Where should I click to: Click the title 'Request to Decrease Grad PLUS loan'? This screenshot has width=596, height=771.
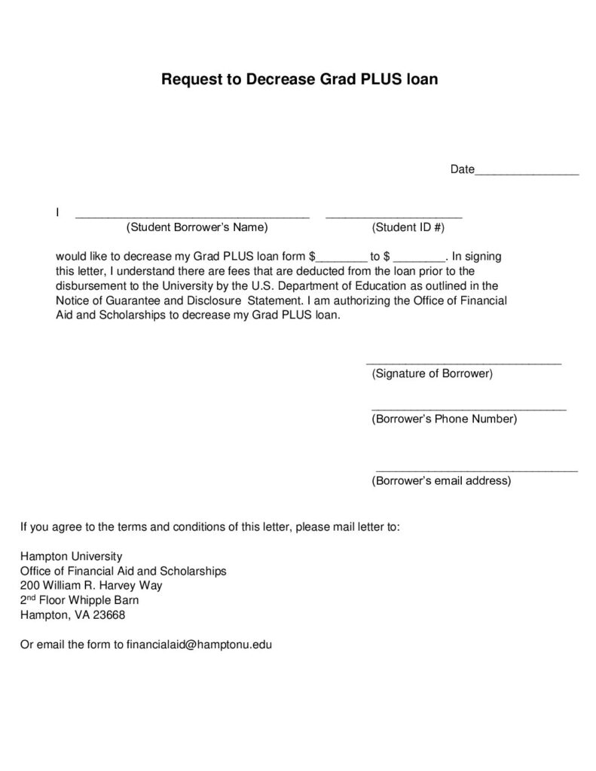(x=299, y=79)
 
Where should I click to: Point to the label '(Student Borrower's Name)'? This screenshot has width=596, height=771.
(x=197, y=227)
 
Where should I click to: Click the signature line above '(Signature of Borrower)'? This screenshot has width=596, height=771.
(x=463, y=363)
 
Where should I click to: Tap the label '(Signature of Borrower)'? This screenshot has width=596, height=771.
(x=432, y=373)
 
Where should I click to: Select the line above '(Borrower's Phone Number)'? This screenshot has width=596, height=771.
(x=469, y=409)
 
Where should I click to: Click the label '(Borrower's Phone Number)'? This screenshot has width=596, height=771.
(x=445, y=419)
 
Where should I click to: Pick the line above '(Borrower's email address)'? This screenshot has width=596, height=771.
(x=476, y=470)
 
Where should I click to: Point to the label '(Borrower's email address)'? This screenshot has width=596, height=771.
(x=442, y=480)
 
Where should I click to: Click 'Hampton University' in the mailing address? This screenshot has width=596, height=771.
(x=71, y=556)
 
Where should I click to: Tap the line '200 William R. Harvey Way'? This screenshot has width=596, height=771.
(x=91, y=586)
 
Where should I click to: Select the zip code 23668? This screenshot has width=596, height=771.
(x=109, y=615)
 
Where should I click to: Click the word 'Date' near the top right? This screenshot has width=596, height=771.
(x=462, y=169)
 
